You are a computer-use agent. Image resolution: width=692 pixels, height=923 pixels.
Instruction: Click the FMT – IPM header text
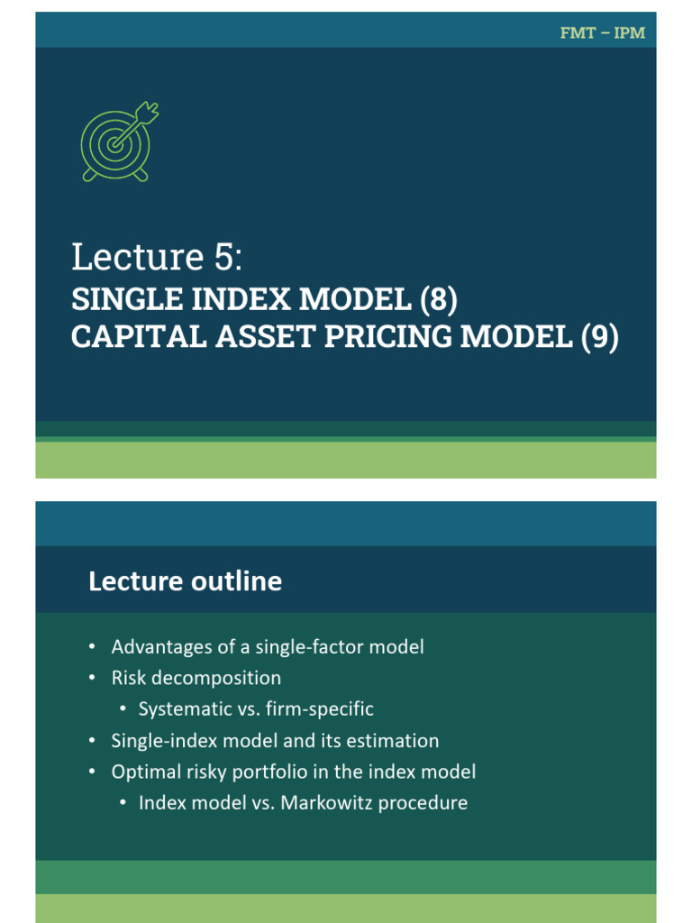click(602, 33)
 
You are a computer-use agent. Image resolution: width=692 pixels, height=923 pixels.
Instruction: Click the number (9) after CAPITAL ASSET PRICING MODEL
click(599, 336)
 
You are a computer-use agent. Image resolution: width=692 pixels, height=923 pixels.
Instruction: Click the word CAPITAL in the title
click(130, 336)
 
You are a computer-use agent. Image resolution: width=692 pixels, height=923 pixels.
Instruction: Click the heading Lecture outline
click(185, 581)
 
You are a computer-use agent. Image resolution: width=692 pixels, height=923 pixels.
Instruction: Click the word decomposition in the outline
click(216, 677)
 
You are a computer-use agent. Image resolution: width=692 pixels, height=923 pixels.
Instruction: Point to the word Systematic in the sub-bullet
click(184, 708)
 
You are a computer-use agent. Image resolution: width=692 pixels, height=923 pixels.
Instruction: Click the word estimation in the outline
click(394, 740)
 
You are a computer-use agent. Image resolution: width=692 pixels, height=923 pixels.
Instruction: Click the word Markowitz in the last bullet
click(323, 802)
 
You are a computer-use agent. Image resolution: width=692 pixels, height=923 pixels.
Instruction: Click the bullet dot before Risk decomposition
click(92, 678)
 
